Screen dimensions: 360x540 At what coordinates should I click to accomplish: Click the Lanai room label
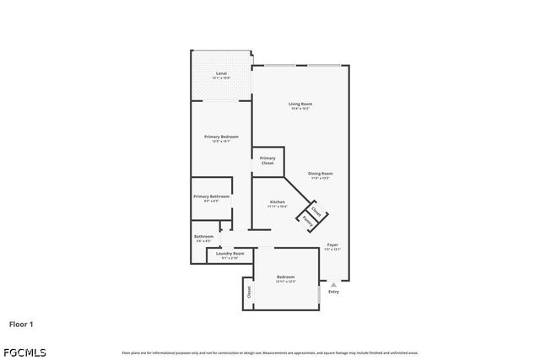pos(221,73)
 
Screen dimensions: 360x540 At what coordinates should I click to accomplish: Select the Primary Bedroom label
pos(221,137)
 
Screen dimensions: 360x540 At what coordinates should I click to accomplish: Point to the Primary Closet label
pos(267,160)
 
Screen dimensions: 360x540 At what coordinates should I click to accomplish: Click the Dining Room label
pos(320,174)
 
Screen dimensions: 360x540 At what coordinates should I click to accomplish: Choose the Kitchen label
pos(278,201)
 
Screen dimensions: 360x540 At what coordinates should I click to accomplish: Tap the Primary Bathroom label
pos(211,196)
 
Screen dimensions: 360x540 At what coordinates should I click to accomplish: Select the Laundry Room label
pos(230,253)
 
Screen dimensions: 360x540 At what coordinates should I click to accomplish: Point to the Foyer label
pos(333,245)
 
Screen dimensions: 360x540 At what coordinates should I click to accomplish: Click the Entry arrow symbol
pos(333,284)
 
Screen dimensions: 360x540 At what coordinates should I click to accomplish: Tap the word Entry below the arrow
pos(333,292)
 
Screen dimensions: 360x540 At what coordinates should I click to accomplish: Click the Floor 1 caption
pos(22,323)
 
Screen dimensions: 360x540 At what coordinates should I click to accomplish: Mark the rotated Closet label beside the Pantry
pos(316,212)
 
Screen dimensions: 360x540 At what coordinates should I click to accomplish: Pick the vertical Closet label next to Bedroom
pos(250,292)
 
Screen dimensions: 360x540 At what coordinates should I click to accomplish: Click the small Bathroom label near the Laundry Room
pos(203,236)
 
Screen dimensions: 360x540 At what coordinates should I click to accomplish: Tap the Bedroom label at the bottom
pos(285,277)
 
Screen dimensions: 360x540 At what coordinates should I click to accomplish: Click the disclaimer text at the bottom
pos(269,352)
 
